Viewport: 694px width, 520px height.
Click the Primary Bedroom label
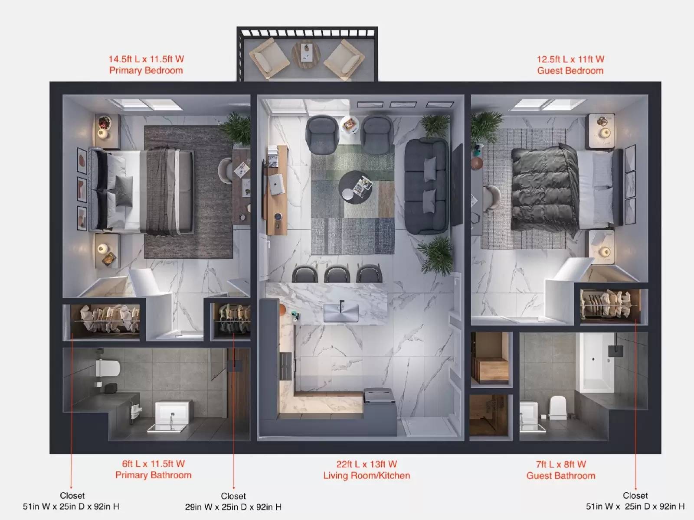[x=146, y=71]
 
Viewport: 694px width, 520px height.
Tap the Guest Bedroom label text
[x=570, y=71]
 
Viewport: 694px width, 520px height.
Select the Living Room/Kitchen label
[x=367, y=475]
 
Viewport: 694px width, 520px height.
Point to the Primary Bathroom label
[x=153, y=475]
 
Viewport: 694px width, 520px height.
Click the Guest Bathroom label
[x=560, y=475]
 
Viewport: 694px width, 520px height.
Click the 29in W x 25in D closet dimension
[x=233, y=507]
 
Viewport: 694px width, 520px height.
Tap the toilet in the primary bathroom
[x=108, y=368]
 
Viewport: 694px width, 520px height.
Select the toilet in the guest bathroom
[x=556, y=407]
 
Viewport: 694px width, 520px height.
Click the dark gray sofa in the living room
[x=426, y=186]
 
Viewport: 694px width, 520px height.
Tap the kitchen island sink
[x=341, y=312]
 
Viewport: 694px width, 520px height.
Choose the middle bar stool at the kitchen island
[x=337, y=274]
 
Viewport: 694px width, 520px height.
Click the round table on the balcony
[x=306, y=55]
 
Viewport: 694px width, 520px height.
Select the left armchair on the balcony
[x=268, y=57]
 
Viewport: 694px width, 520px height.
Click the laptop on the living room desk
[x=276, y=184]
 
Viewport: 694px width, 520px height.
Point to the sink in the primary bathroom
[x=172, y=413]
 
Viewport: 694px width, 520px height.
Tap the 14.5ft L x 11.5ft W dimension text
[x=146, y=59]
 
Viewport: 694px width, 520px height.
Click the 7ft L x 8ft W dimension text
[x=560, y=464]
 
